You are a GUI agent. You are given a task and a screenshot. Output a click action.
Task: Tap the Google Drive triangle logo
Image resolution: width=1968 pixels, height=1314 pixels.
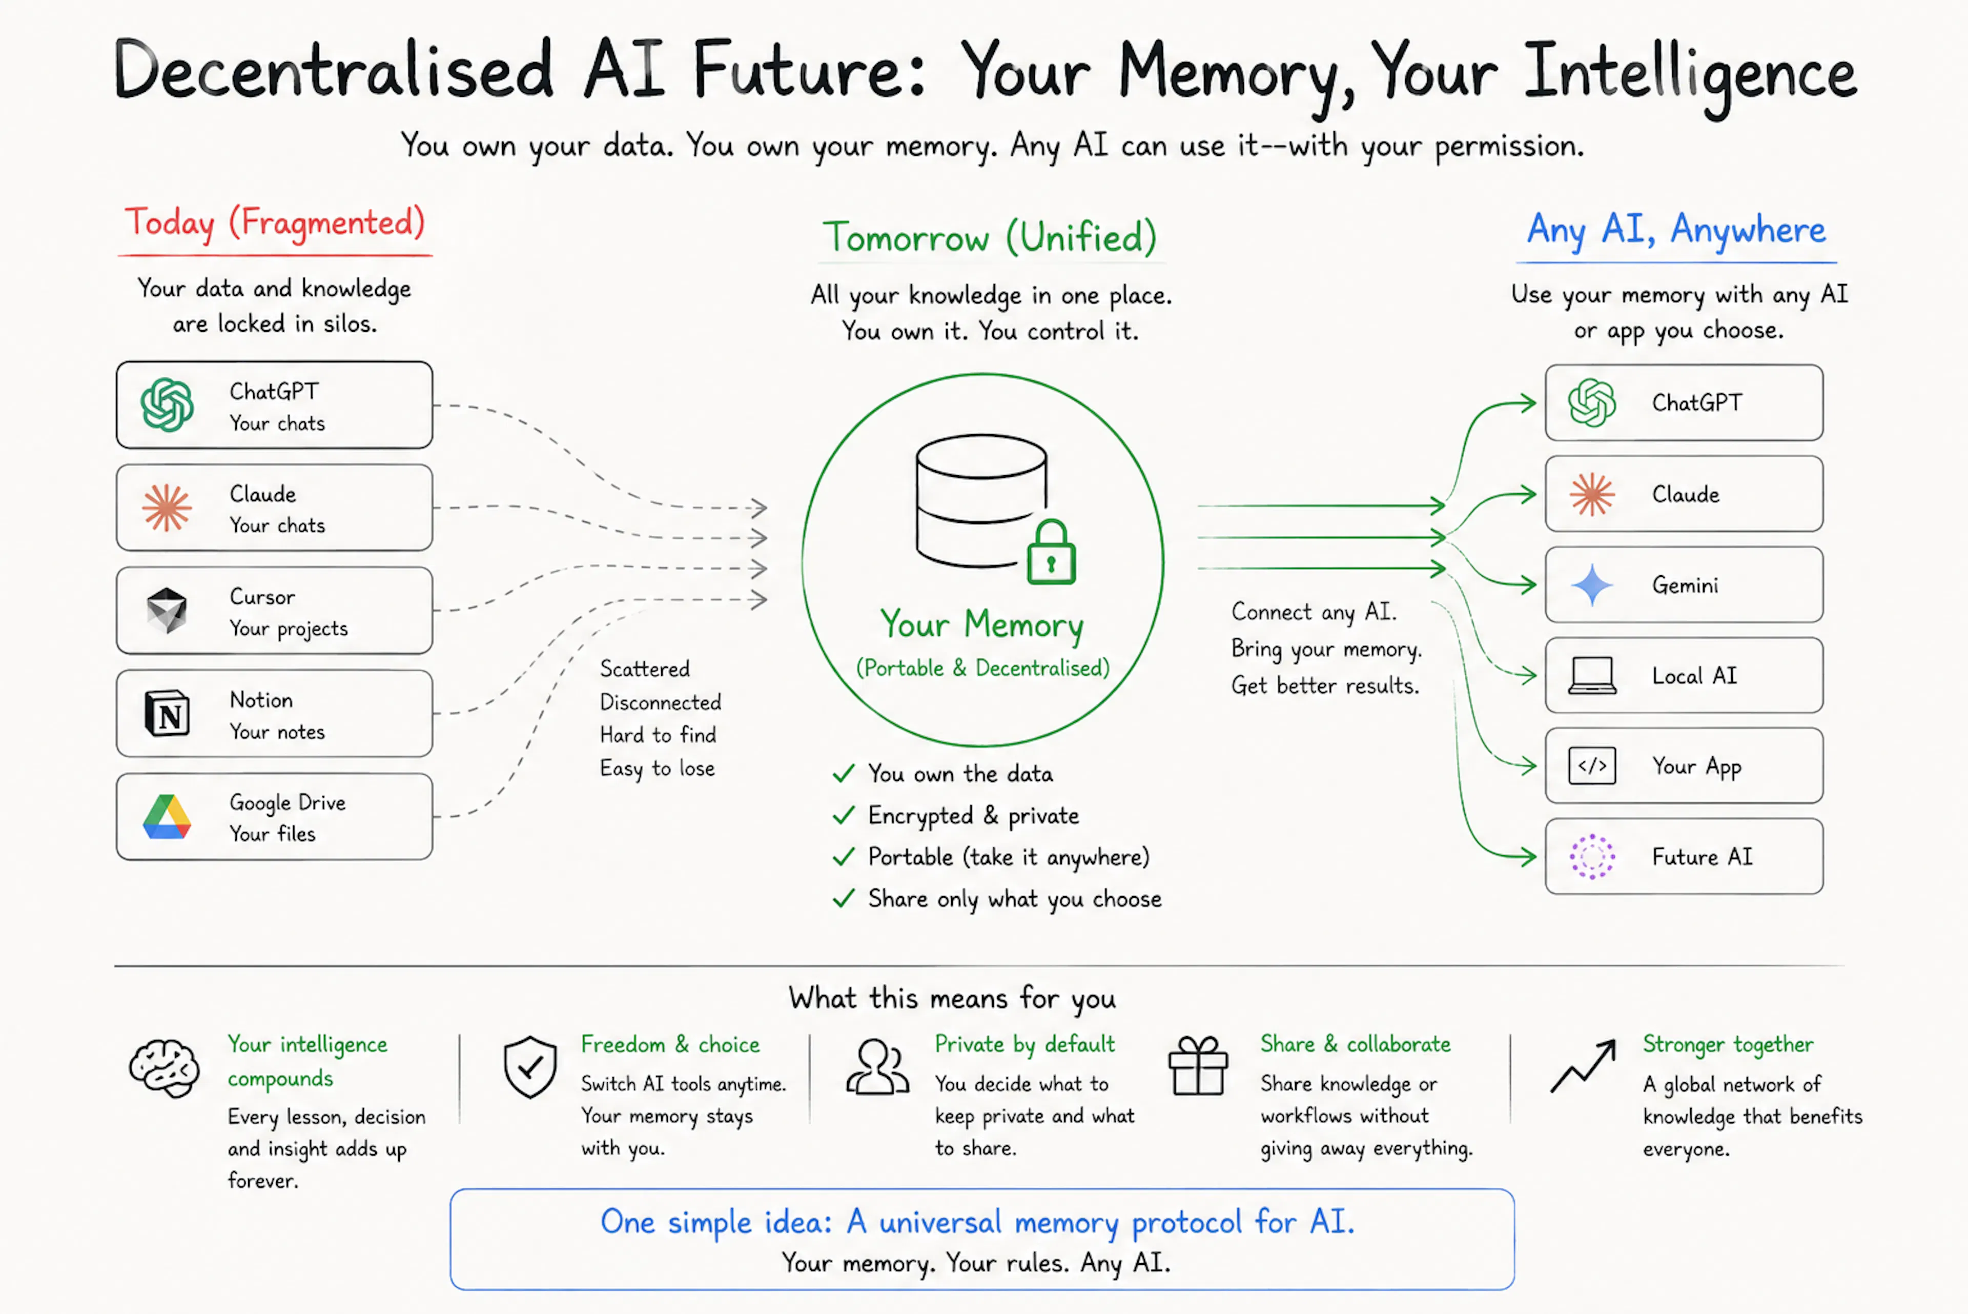coord(167,817)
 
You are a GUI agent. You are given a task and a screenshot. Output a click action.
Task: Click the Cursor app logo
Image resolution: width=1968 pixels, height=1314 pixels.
coord(167,610)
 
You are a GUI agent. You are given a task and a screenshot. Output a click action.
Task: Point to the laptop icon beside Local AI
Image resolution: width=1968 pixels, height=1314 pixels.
coord(1592,675)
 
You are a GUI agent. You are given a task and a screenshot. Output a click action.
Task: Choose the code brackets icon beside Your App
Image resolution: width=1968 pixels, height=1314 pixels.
coord(1592,766)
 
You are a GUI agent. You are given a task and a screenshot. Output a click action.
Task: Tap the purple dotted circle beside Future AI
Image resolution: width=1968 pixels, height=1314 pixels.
coord(1592,857)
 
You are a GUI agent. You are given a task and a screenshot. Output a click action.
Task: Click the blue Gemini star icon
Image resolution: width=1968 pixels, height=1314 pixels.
coord(1592,585)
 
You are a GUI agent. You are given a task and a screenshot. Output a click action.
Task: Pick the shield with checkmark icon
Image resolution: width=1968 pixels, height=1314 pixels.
coord(530,1067)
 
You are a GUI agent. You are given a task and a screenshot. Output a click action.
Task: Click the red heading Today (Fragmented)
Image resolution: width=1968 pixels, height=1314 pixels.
coord(275,224)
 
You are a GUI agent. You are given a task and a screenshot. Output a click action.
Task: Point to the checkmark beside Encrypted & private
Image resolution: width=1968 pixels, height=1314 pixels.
coord(844,815)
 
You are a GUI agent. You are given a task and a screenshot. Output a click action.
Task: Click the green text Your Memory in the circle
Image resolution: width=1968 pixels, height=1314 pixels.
coord(982,625)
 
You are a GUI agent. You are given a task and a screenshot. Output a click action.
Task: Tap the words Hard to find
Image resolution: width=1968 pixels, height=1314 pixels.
coord(658,735)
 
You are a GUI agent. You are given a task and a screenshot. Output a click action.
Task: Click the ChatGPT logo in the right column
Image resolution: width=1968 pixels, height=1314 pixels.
coord(1592,403)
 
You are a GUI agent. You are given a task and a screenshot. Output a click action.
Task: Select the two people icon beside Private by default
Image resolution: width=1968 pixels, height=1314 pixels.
coord(877,1067)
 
